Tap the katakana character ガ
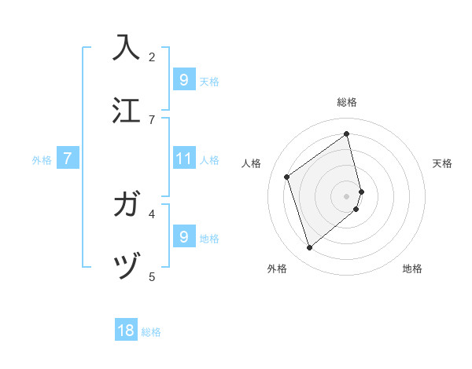click(127, 206)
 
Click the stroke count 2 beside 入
click(152, 57)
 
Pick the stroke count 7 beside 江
click(152, 119)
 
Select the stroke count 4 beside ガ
click(152, 213)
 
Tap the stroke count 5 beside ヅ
click(152, 276)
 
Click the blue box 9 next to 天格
click(183, 79)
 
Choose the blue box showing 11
click(183, 159)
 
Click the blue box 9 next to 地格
click(183, 236)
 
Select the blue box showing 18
click(126, 331)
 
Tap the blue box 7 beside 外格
click(68, 159)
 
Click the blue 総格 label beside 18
click(151, 332)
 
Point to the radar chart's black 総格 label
click(347, 102)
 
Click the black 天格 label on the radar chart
click(442, 163)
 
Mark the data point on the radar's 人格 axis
click(286, 177)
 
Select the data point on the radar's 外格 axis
click(309, 248)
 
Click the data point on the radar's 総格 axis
click(347, 134)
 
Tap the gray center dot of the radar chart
click(347, 195)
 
